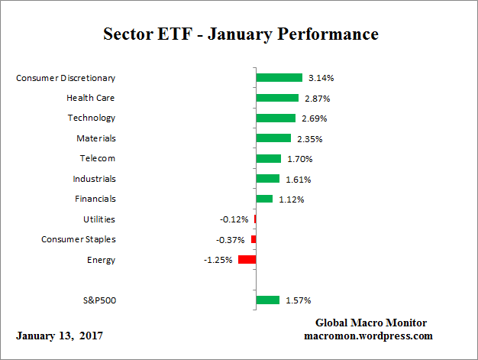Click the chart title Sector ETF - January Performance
click(x=241, y=34)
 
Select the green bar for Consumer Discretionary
click(x=279, y=78)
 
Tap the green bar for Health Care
click(x=277, y=98)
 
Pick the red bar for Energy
click(x=247, y=260)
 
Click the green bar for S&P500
click(x=267, y=300)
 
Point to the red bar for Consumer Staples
click(x=254, y=239)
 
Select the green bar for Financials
click(x=264, y=199)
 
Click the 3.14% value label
click(x=321, y=78)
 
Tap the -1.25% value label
click(x=218, y=260)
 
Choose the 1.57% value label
click(x=299, y=300)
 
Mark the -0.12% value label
click(x=234, y=219)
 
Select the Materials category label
click(x=95, y=138)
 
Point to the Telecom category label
click(x=98, y=158)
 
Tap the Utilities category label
click(x=99, y=219)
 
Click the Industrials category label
click(x=94, y=179)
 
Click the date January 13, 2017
click(x=60, y=336)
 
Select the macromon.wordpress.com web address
click(x=368, y=336)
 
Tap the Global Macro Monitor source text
click(x=370, y=323)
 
